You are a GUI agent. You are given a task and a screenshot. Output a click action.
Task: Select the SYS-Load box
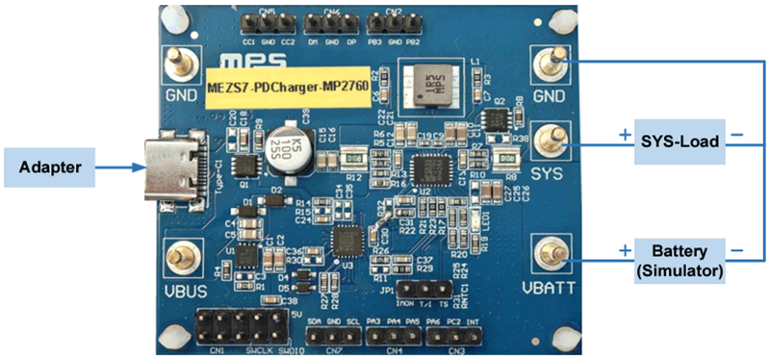pyautogui.click(x=680, y=141)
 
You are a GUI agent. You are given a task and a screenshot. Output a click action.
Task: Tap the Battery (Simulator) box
pyautogui.click(x=680, y=260)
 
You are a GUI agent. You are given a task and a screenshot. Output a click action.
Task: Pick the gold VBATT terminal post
pyautogui.click(x=553, y=254)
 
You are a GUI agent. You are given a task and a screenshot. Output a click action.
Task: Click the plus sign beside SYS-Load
pyautogui.click(x=626, y=134)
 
